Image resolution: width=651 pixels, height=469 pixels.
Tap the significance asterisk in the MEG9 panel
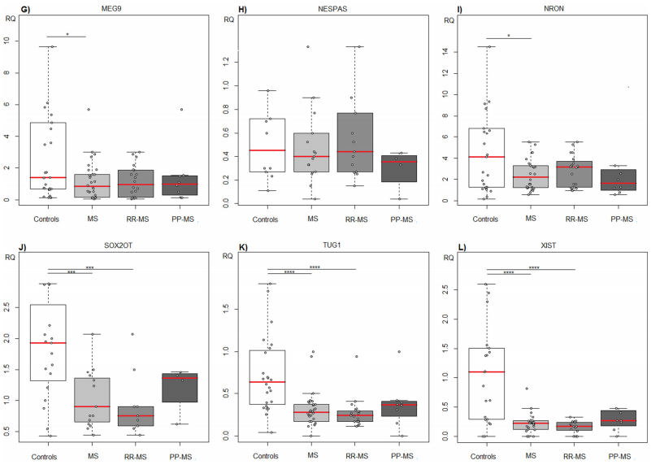pyautogui.click(x=67, y=34)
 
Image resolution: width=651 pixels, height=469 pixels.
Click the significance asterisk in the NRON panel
pyautogui.click(x=508, y=35)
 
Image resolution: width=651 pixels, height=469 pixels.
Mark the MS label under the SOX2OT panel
pyautogui.click(x=92, y=456)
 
